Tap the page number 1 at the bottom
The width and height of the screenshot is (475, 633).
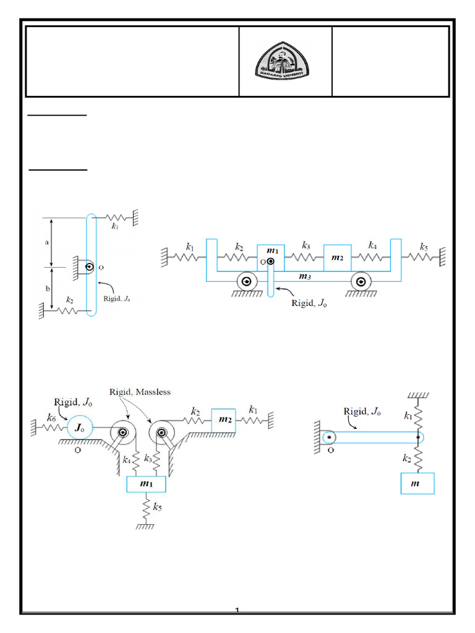pyautogui.click(x=237, y=611)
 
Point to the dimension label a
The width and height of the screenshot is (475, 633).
pyautogui.click(x=47, y=242)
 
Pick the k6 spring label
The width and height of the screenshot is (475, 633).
pyautogui.click(x=52, y=418)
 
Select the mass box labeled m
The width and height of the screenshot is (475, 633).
pyautogui.click(x=417, y=483)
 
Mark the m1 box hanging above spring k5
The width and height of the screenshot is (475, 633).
pyautogui.click(x=147, y=484)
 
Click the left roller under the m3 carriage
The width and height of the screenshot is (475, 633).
pyautogui.click(x=246, y=282)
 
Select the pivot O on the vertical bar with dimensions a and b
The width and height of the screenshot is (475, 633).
pyautogui.click(x=90, y=267)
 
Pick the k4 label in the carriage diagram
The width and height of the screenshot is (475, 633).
pyautogui.click(x=372, y=245)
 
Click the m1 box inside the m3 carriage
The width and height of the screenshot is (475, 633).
pyautogui.click(x=270, y=253)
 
